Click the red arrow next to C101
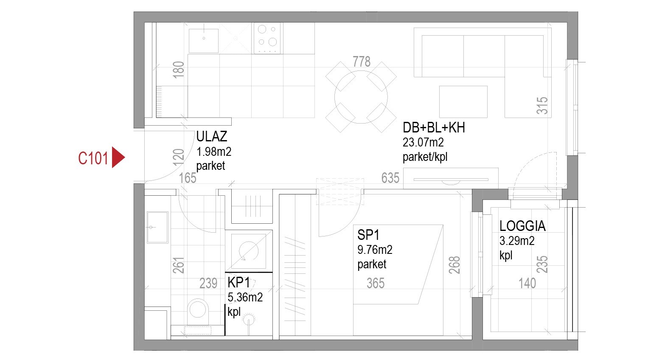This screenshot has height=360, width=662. point(118,157)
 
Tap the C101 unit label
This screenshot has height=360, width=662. point(93,158)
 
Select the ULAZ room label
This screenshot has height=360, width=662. point(211,136)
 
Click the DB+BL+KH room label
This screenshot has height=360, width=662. point(433,128)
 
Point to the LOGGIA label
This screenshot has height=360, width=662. point(522,226)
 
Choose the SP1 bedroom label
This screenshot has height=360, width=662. point(368,235)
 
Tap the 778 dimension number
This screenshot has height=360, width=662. point(362,62)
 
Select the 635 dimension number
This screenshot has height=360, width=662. point(390,177)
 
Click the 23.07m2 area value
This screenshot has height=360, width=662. point(423,142)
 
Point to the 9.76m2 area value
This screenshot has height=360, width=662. point(375,250)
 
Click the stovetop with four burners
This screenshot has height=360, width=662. point(267,38)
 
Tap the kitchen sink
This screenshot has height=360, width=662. point(204,41)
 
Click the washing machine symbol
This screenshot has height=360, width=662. point(248,250)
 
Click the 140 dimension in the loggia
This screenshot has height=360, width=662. point(527,283)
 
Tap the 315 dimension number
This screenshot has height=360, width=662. point(542,106)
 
